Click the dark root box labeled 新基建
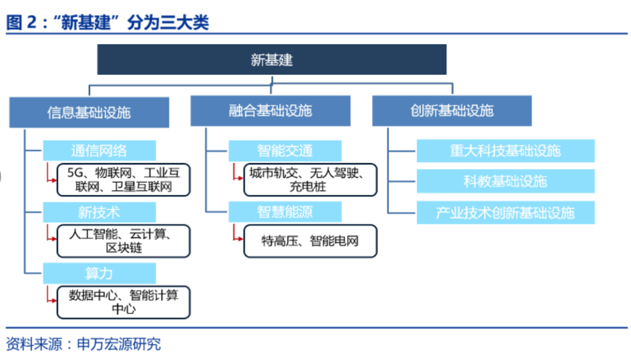272,60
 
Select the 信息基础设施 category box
89,112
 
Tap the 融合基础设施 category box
271,111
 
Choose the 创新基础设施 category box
452,111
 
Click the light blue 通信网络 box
99,151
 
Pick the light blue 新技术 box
99,212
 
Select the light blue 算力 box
99,274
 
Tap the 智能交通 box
285,151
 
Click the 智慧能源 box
285,212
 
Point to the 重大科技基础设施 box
505,151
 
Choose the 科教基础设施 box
505,181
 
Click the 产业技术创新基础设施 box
505,213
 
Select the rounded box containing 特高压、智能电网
310,241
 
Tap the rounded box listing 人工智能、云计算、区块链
123,241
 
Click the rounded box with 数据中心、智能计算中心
123,302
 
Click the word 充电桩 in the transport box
307,187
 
